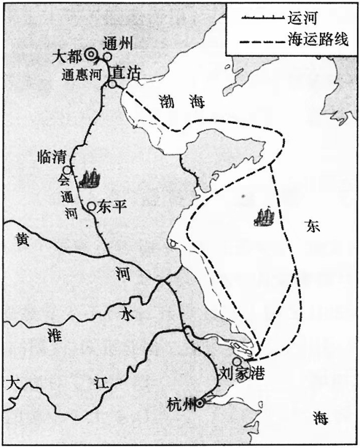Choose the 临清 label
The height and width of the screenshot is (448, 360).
52,157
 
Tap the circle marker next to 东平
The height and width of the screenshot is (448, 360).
92,206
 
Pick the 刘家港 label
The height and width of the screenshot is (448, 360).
241,373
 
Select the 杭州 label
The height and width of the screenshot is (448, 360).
181,405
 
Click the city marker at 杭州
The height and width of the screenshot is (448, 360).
200,404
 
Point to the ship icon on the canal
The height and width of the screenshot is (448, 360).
89,179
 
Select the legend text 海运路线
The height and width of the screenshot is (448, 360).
318,40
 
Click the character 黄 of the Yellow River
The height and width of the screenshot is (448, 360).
21,242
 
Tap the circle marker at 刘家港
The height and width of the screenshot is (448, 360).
236,362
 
